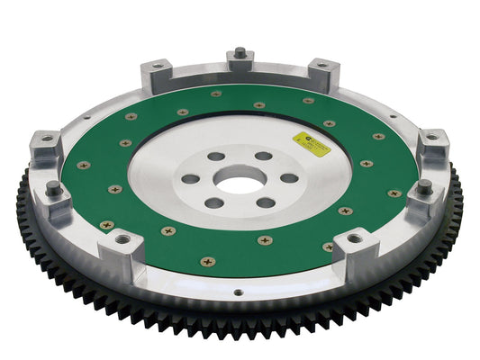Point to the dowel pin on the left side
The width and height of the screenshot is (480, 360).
53,188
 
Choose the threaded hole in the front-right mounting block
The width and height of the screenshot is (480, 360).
353,238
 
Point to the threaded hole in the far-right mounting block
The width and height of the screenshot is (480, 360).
431,138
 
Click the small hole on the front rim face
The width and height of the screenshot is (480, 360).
237,292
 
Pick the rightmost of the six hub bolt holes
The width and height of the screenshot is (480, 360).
289,177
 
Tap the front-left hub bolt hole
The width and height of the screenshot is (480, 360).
214,202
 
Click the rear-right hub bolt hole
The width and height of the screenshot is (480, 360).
264,157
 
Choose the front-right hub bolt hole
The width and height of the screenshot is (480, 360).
267,202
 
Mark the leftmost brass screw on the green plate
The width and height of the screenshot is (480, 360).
84,166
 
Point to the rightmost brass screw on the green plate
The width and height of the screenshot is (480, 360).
394,193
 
